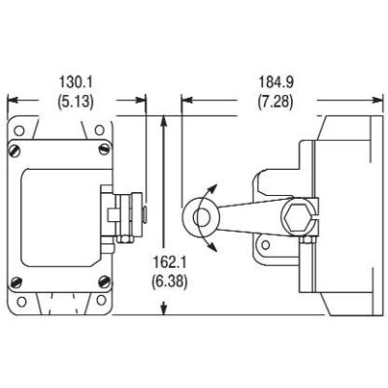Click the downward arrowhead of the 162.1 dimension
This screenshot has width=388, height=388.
(164, 308)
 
